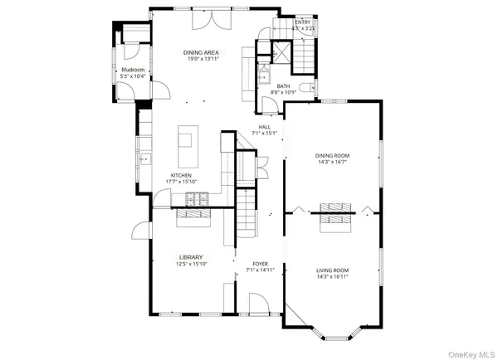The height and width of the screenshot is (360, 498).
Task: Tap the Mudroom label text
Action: pyautogui.click(x=134, y=70)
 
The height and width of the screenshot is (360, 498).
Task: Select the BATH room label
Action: pyautogui.click(x=283, y=85)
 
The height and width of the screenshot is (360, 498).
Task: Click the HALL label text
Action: pyautogui.click(x=264, y=127)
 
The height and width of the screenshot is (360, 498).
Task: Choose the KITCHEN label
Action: pyautogui.click(x=182, y=176)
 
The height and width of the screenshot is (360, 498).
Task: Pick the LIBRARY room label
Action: pyautogui.click(x=190, y=257)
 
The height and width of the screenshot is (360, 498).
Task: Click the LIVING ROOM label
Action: pyautogui.click(x=331, y=270)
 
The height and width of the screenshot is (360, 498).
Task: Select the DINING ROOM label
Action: pyautogui.click(x=331, y=155)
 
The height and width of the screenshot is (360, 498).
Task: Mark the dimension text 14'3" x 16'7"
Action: pyautogui.click(x=331, y=163)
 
